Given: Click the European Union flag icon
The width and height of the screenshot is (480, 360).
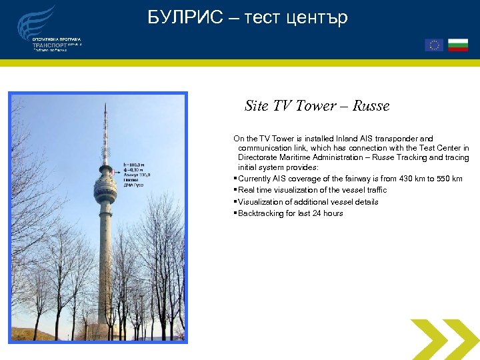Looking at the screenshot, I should coord(434,45).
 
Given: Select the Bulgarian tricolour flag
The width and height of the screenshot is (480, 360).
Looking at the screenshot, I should coord(457,45).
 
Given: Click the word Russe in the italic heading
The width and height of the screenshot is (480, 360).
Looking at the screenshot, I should coord(371,106).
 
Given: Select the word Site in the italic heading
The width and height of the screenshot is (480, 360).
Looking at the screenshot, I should coord(256,106).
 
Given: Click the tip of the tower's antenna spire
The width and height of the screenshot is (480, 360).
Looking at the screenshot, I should coord(105,104).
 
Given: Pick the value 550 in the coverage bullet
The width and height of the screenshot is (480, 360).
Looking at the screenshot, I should coord(443,179).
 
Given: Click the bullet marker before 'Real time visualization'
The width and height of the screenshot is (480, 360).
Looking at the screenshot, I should coord(235,191).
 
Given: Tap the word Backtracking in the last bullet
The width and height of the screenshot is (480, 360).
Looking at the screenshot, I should coord(259,213).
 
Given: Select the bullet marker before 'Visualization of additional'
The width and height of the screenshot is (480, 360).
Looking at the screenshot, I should coord(235,202).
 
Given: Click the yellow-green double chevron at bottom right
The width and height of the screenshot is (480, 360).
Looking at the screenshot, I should coord(443,339).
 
